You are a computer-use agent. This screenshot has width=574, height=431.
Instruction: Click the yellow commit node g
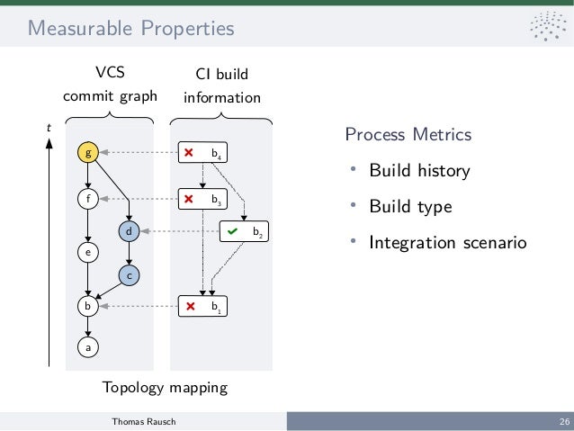[88, 153]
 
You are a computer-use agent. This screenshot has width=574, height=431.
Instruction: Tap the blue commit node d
[130, 232]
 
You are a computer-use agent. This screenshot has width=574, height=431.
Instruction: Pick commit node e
[88, 254]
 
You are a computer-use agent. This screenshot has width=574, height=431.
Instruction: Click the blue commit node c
[130, 275]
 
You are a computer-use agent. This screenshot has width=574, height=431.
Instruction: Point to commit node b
[88, 306]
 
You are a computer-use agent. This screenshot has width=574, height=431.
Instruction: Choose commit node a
[88, 346]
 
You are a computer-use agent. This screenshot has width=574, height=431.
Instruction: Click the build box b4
[205, 154]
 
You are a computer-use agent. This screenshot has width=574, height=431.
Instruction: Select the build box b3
[205, 198]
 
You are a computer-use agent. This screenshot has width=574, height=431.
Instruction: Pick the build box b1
[205, 307]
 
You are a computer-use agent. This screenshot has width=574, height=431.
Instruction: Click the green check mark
[232, 232]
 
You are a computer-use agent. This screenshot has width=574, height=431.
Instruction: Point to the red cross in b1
[189, 307]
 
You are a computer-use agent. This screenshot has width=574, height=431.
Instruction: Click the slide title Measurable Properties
[130, 29]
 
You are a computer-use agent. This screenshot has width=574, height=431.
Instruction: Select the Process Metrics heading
[408, 135]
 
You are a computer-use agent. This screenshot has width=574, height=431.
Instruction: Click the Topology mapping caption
[166, 388]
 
